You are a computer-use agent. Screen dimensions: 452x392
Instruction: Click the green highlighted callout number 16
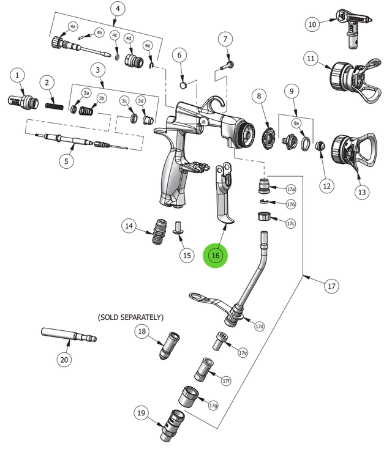coord(215,256)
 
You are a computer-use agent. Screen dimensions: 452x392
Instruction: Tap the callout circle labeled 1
coord(18,75)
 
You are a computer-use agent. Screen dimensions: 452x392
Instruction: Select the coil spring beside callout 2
coord(55,105)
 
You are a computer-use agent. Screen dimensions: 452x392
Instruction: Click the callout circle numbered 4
coord(118,9)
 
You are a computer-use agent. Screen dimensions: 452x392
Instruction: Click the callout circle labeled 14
coord(129,226)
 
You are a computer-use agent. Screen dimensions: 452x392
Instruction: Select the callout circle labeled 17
coord(331,286)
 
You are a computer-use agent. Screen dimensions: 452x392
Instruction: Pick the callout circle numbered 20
coord(64,360)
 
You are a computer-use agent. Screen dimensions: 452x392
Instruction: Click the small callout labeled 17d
coord(260,327)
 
